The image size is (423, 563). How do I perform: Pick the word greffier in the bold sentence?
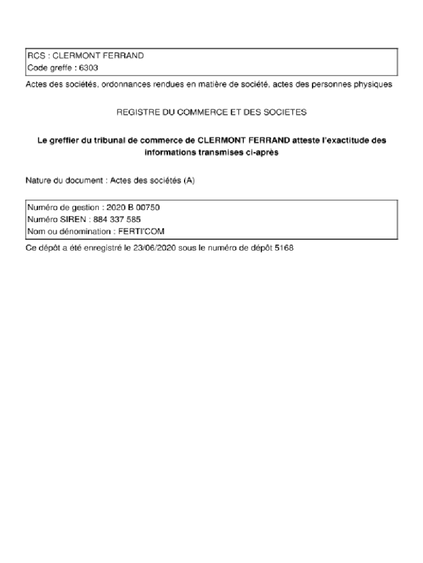(68, 140)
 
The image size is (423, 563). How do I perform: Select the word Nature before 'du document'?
(37, 180)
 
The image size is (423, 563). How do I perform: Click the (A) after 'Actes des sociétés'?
(189, 180)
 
